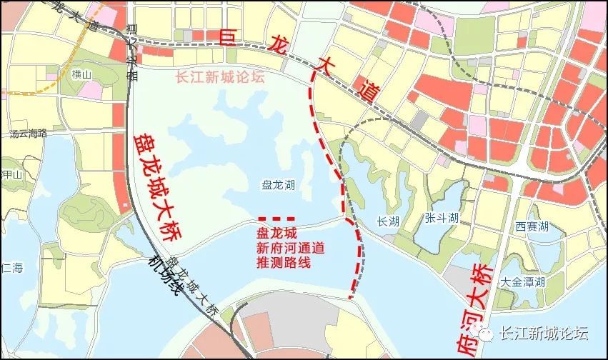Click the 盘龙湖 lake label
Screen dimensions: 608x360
click(279, 184)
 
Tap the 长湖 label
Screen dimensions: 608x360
click(387, 221)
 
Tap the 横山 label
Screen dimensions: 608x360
click(82, 74)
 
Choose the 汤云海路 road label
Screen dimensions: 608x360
click(28, 134)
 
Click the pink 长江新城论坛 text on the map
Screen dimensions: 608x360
click(219, 78)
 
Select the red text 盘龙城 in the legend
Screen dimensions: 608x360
click(276, 233)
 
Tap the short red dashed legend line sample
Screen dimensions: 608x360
click(276, 218)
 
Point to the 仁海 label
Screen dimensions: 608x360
click(12, 269)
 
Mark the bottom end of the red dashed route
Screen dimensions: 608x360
click(350, 296)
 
